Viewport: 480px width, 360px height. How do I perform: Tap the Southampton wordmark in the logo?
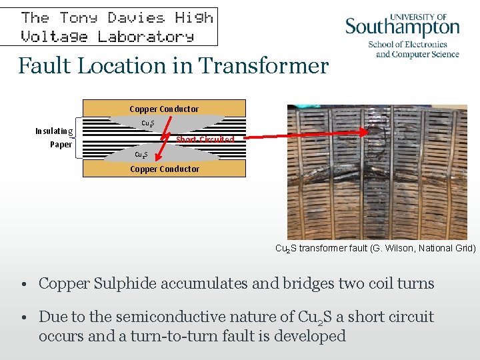point(402,28)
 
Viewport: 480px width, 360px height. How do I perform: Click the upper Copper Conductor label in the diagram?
point(164,109)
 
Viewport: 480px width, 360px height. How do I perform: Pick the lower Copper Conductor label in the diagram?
point(164,169)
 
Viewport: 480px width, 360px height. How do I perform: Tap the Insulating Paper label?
point(55,137)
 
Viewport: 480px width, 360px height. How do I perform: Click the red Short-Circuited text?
point(205,140)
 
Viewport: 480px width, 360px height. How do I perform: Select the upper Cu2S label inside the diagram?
point(148,123)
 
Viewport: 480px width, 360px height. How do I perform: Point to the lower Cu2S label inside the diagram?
point(141,155)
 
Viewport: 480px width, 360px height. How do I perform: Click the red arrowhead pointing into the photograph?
point(363,132)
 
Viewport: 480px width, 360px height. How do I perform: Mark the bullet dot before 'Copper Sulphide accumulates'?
point(23,284)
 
